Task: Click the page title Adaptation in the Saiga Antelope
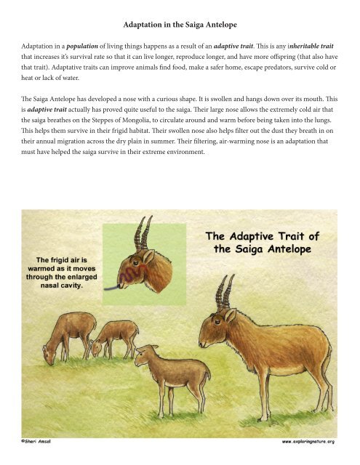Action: coord(180,24)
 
